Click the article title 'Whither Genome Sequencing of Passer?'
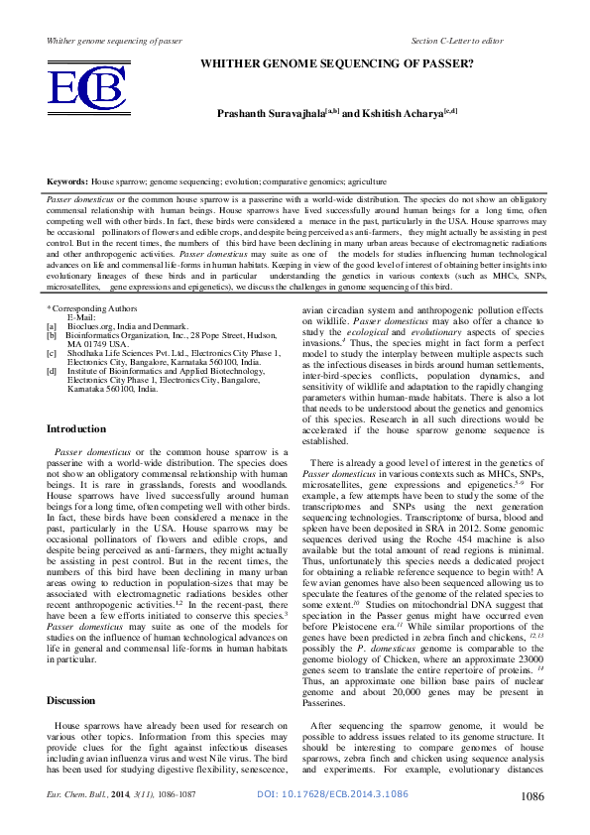(x=336, y=63)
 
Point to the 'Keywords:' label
(x=67, y=183)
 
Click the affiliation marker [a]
(x=52, y=298)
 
